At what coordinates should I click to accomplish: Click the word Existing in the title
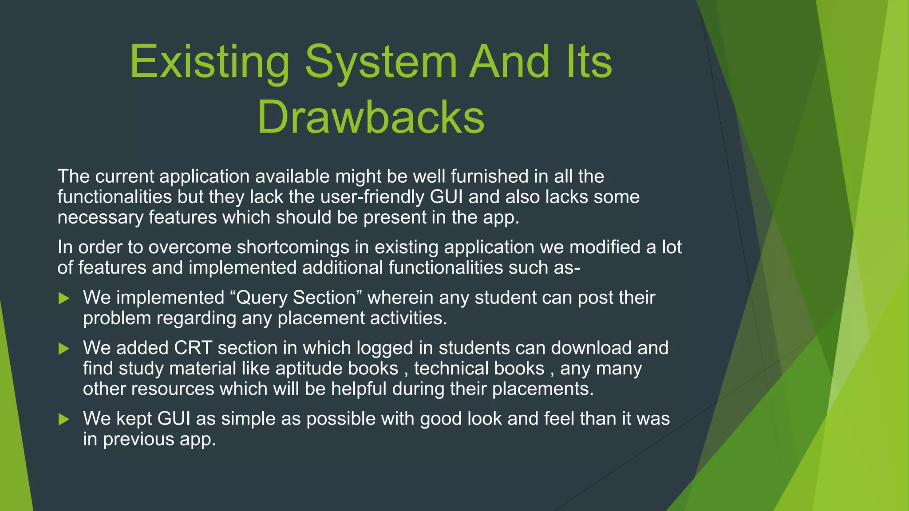(x=209, y=62)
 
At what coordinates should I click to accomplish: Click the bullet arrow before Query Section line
(x=64, y=299)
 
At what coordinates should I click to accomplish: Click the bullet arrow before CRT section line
(x=64, y=349)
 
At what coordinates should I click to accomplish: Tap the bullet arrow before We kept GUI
(x=64, y=420)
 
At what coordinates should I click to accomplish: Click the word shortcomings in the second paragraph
(x=293, y=248)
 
